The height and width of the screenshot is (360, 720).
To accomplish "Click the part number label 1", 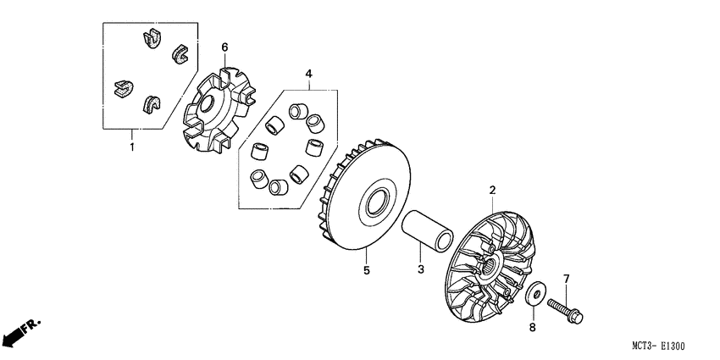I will click(x=132, y=147).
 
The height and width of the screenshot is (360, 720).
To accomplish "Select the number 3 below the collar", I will click(x=419, y=269).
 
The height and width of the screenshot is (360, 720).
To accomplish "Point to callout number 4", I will click(x=309, y=75).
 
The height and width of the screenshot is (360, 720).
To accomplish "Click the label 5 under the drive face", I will click(x=366, y=271).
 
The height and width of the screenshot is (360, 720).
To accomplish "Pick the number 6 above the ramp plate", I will click(x=225, y=46).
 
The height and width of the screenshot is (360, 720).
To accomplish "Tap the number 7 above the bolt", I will click(x=566, y=278).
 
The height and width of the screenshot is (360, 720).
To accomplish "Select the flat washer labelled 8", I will click(x=534, y=296).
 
